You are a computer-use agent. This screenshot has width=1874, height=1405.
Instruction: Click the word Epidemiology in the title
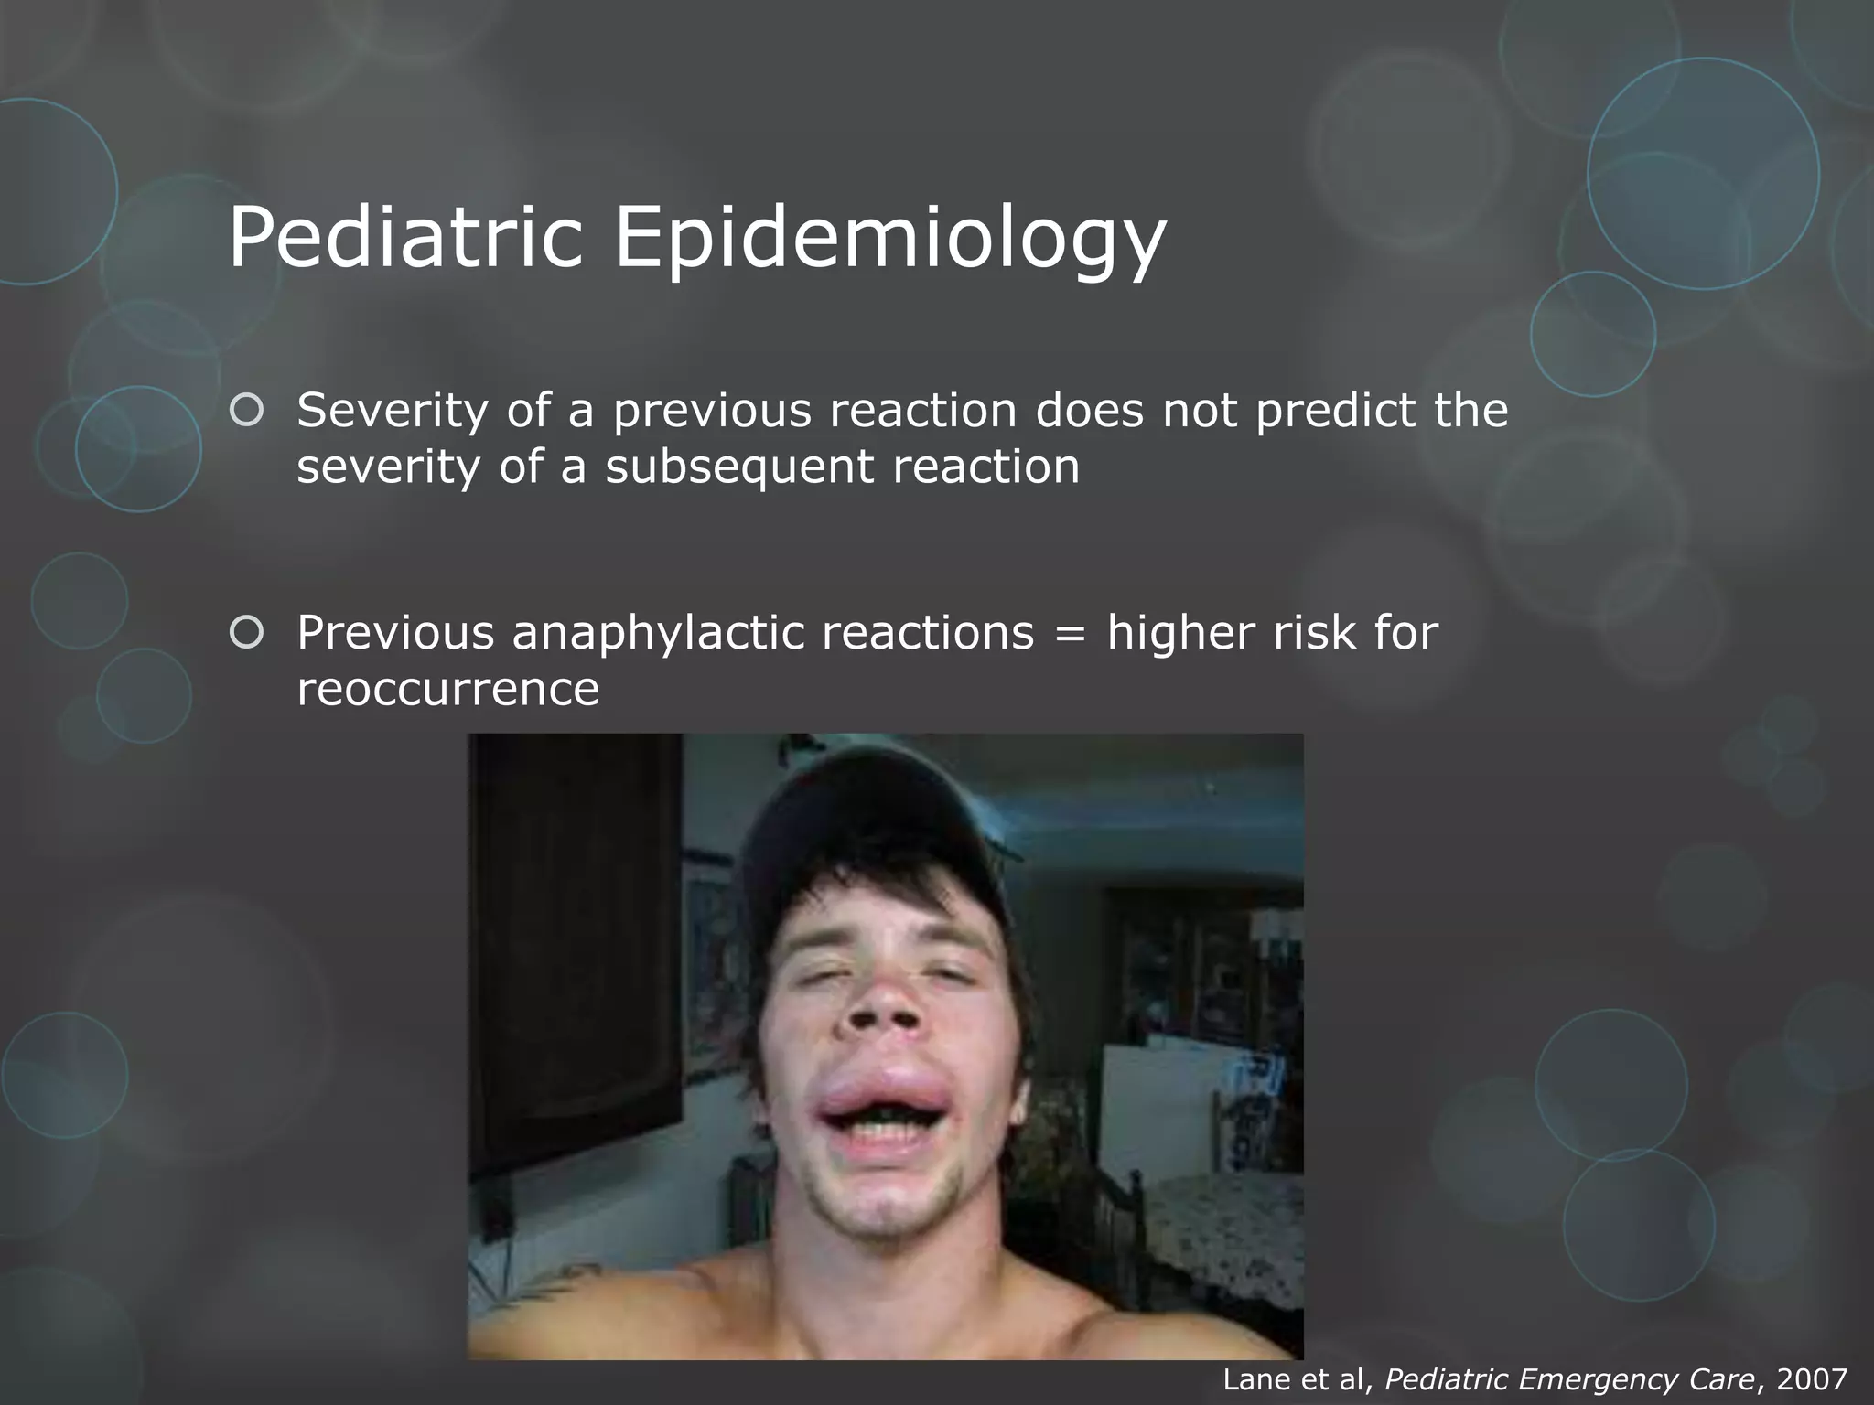[889, 240]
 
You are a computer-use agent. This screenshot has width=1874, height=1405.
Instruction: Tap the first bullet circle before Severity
[246, 411]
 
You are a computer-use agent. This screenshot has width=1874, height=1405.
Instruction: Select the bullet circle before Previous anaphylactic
[246, 632]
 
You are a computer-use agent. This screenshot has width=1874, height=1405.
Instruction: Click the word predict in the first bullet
[1338, 411]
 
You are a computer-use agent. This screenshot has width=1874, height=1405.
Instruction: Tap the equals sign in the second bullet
[1070, 633]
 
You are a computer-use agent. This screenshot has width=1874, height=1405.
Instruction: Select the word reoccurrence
[447, 689]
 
